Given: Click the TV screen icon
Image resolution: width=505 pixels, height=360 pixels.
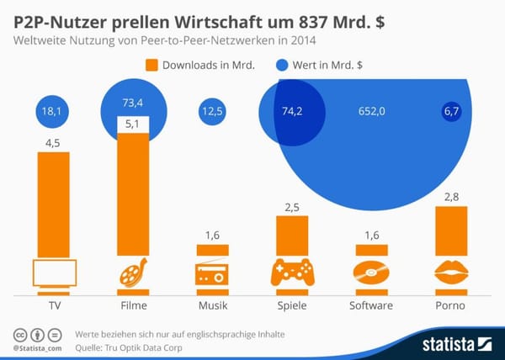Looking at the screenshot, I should click(x=54, y=273).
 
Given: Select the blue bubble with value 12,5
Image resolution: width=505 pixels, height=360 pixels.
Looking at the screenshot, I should click(x=214, y=111).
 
